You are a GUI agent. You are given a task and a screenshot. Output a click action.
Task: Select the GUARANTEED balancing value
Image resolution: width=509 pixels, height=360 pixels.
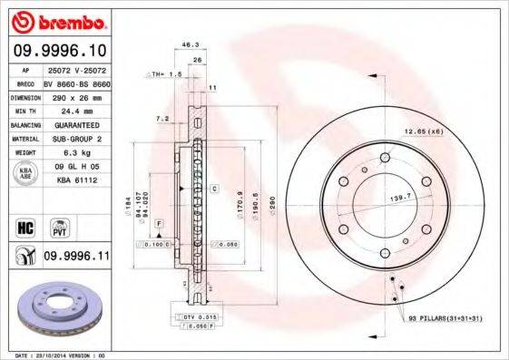coord(75,124)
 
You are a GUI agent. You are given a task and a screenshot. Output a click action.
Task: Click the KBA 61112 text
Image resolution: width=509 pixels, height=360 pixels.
coord(73,181)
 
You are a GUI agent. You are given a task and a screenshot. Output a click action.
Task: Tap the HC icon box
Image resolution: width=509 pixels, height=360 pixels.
coord(25,227)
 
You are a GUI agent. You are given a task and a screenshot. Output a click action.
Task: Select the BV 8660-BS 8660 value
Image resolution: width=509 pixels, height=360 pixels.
coord(75,82)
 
